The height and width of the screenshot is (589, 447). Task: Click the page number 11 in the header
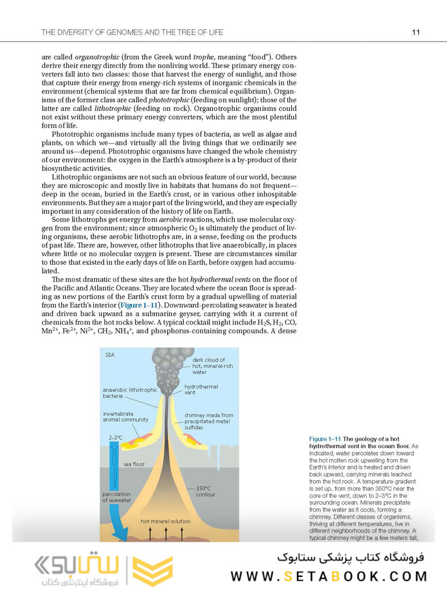click(x=415, y=32)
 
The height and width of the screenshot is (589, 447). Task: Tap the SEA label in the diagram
click(x=110, y=355)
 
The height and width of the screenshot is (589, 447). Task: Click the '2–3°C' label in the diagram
click(x=116, y=438)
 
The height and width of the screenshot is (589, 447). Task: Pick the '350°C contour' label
click(x=205, y=491)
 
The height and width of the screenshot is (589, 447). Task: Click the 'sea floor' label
click(x=134, y=464)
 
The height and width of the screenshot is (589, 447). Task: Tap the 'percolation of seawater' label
click(x=117, y=497)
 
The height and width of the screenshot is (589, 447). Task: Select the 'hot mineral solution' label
click(x=166, y=522)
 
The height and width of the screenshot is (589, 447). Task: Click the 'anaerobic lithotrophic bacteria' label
click(x=130, y=393)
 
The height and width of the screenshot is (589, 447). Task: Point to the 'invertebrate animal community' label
click(x=126, y=417)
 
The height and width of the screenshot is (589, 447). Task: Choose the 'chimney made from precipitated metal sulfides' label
click(x=209, y=421)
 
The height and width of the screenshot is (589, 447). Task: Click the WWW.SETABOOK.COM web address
click(x=329, y=576)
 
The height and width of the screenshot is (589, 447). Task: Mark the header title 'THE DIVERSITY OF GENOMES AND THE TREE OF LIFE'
click(x=132, y=32)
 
